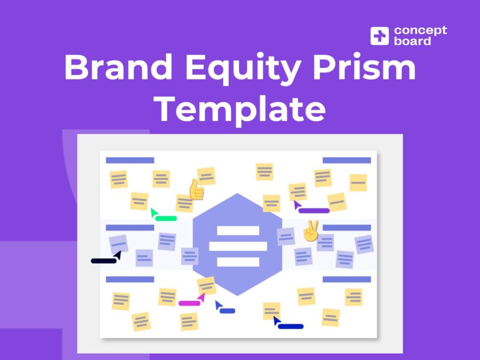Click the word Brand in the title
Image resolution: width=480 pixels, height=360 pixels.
click(118, 67)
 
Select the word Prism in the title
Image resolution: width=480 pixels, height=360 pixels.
click(364, 67)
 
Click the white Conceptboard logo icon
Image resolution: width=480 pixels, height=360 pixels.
click(380, 36)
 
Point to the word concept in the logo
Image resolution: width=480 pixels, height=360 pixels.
click(420, 31)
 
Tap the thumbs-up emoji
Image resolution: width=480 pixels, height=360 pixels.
click(196, 189)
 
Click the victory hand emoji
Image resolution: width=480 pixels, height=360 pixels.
click(311, 230)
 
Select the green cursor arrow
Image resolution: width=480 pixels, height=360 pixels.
click(154, 212)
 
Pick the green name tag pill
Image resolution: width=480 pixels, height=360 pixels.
click(166, 218)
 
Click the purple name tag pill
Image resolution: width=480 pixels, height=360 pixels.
click(314, 211)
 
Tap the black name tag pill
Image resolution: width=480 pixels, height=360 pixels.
click(104, 261)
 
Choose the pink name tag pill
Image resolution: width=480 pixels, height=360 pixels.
click(189, 303)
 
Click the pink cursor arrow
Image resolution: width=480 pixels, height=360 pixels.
click(202, 297)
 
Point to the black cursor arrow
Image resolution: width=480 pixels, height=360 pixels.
click(117, 255)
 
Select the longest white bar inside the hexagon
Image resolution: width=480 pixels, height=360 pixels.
click(238, 246)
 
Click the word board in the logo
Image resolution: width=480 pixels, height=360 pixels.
click(412, 41)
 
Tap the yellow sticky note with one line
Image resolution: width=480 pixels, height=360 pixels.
click(358, 183)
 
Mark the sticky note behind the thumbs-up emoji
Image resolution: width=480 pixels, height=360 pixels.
click(185, 203)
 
